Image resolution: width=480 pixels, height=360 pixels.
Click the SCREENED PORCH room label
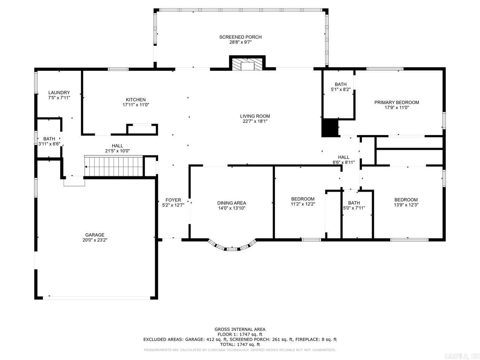(x=240, y=37)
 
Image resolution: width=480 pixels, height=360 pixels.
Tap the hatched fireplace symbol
(x=247, y=64)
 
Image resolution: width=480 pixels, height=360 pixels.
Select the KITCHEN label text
(x=136, y=99)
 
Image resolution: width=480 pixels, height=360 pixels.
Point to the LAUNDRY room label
(x=59, y=92)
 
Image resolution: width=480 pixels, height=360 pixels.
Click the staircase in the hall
(x=114, y=166)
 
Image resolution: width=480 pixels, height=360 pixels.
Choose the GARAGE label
(x=95, y=235)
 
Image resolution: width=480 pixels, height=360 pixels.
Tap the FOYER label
(x=173, y=200)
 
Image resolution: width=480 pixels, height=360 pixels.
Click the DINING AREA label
(x=231, y=203)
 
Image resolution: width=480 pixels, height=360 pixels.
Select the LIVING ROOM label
(x=255, y=116)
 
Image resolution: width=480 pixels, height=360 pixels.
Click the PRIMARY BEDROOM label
(x=396, y=102)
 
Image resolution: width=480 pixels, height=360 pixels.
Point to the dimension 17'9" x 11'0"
(x=396, y=108)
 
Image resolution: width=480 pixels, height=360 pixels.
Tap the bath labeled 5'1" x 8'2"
(x=340, y=87)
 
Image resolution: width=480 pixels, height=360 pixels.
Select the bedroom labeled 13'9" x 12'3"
(x=406, y=202)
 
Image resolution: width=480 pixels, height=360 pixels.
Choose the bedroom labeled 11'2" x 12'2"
(x=302, y=201)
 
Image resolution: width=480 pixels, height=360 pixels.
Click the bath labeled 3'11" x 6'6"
(x=49, y=141)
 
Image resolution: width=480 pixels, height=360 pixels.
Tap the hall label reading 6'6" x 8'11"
(x=344, y=162)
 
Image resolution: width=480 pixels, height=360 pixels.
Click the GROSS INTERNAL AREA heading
(x=240, y=329)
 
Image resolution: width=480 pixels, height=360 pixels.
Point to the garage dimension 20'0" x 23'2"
(x=95, y=240)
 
